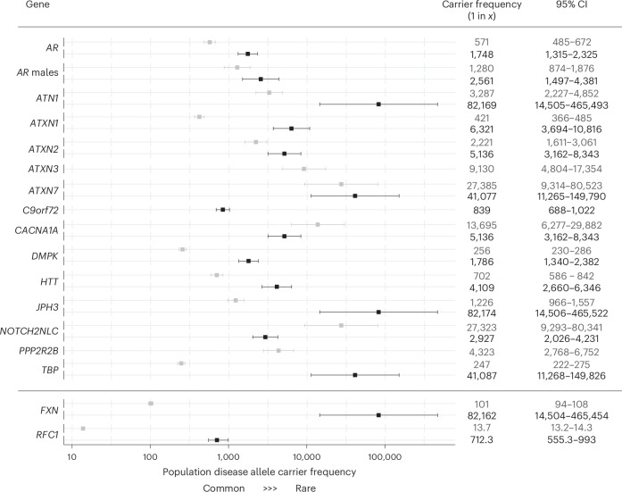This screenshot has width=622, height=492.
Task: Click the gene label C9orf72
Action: [40, 210]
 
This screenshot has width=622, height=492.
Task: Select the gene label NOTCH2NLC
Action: [29, 331]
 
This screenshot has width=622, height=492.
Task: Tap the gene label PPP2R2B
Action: [39, 351]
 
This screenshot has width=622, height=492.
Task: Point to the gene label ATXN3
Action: [43, 169]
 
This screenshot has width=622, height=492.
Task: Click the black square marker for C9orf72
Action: [223, 210]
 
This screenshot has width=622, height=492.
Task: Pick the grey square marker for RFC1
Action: [83, 429]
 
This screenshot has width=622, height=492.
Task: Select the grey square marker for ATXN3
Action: [303, 169]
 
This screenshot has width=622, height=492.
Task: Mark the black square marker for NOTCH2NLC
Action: [265, 337]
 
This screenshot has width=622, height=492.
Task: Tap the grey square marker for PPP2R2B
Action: [278, 351]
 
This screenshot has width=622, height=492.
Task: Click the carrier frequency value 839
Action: [482, 211]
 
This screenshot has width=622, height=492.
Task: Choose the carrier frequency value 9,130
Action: [482, 169]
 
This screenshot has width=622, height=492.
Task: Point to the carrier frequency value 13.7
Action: [482, 428]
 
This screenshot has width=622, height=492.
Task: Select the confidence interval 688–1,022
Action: [572, 211]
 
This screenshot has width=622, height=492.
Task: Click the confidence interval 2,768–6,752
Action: [572, 352]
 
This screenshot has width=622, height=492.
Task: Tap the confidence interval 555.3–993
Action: [572, 439]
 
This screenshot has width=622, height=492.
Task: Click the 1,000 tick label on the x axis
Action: [228, 457]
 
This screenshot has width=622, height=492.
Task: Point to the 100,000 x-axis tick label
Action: [385, 457]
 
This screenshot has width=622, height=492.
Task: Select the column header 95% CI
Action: [572, 4]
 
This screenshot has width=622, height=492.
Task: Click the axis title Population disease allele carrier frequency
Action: [260, 472]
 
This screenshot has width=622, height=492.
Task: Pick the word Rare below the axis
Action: [305, 488]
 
